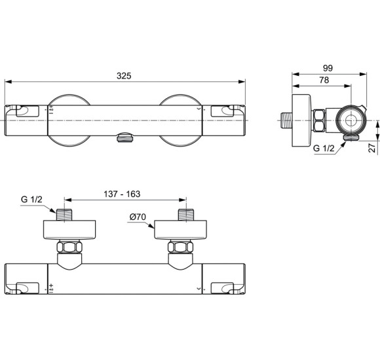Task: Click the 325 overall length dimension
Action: (x=124, y=76)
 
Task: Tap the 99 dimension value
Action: (x=328, y=68)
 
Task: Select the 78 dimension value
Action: (x=324, y=80)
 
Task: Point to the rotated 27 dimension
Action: (x=371, y=148)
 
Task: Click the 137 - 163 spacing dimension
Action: (x=122, y=194)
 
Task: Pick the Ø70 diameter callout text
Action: (x=138, y=217)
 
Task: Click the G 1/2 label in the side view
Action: (x=324, y=148)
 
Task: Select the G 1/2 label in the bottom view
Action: (x=31, y=199)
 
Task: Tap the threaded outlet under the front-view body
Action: (x=124, y=138)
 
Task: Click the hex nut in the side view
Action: (x=319, y=120)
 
